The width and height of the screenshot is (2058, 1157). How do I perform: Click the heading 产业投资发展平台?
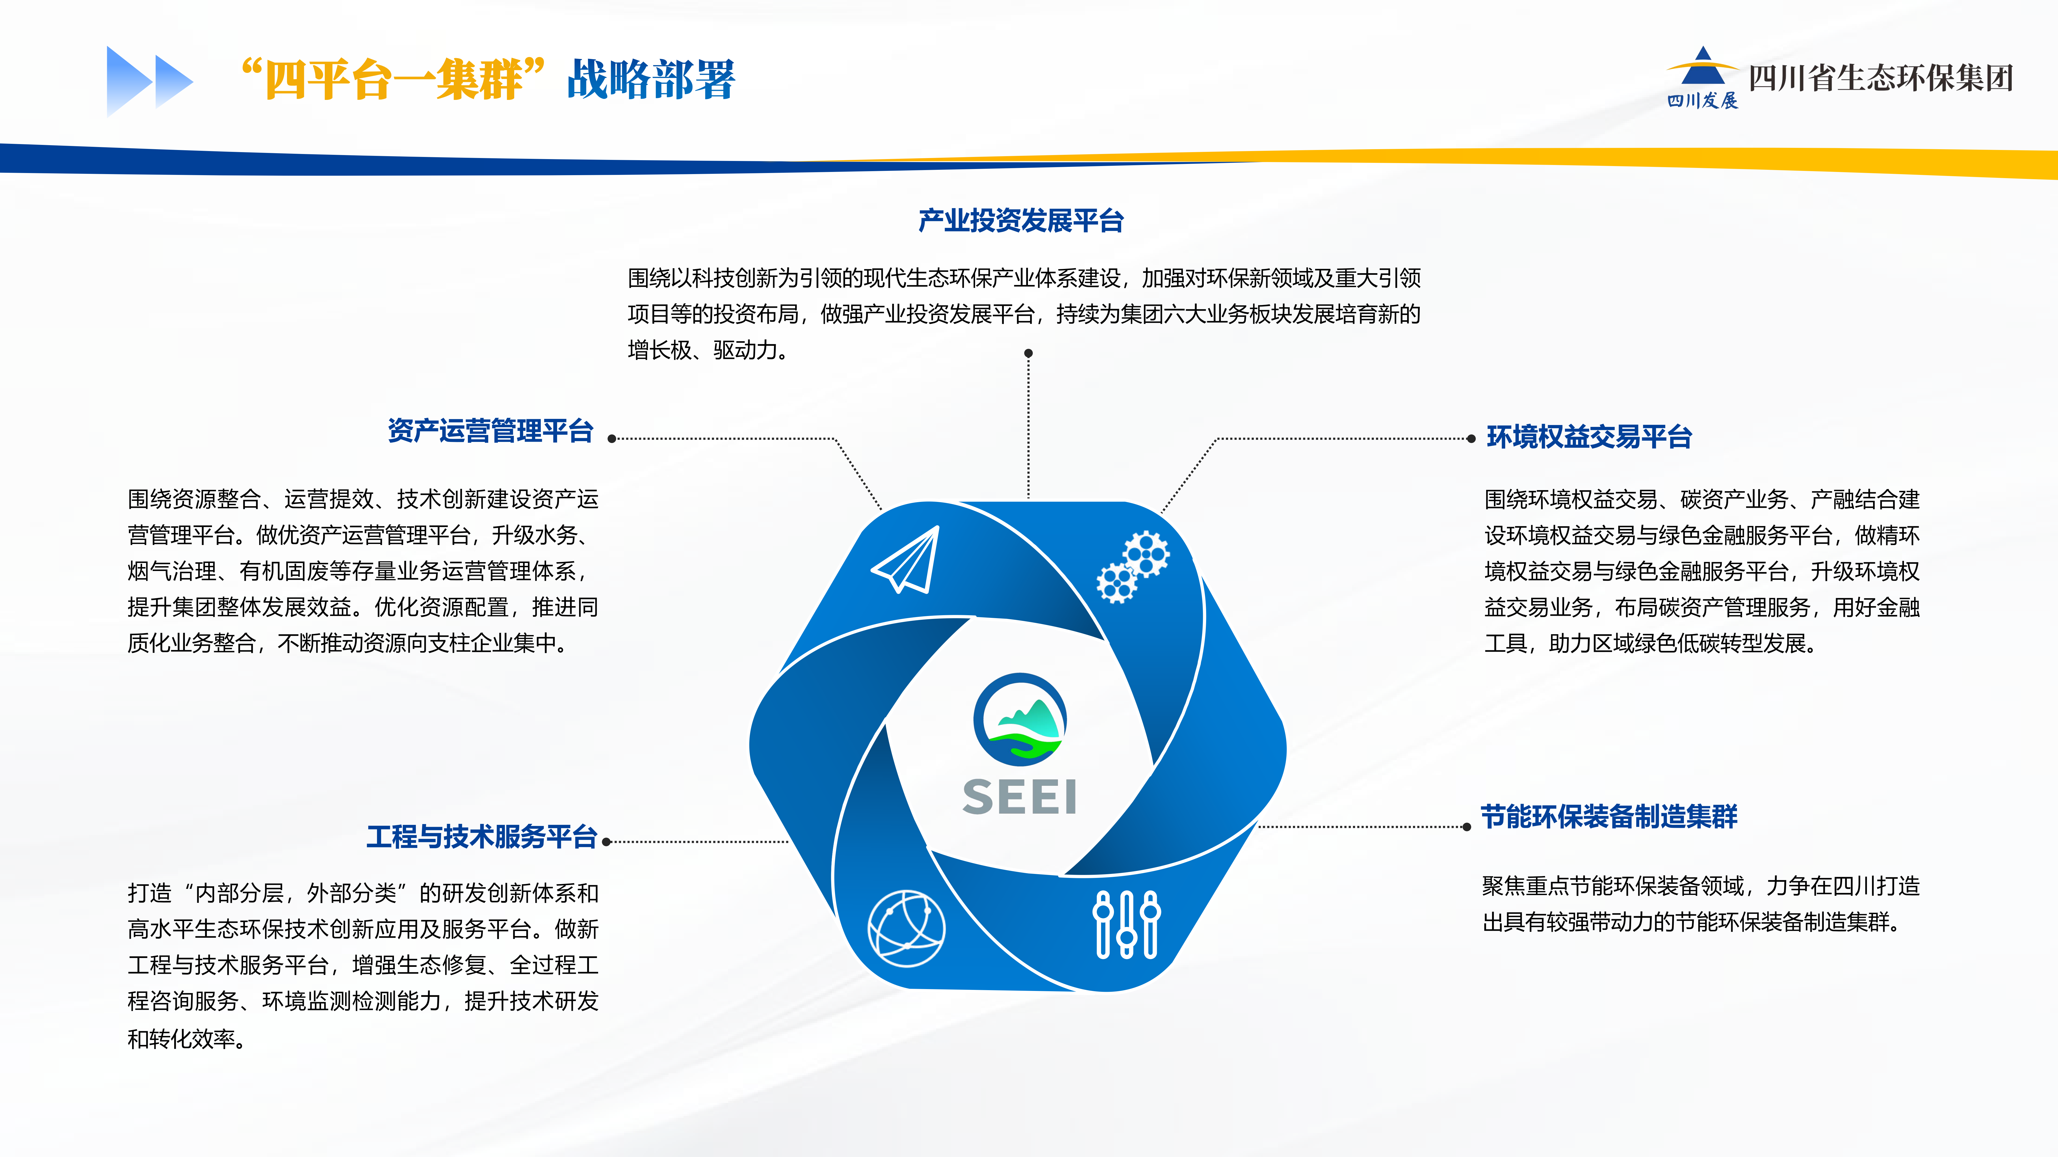(x=1021, y=220)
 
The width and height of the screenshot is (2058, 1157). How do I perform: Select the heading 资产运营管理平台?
(x=491, y=431)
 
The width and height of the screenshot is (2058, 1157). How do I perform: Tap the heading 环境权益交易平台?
(x=1589, y=437)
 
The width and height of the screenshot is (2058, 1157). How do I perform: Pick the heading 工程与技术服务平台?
(x=482, y=837)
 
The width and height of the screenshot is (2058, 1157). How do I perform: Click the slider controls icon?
(x=1127, y=924)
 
